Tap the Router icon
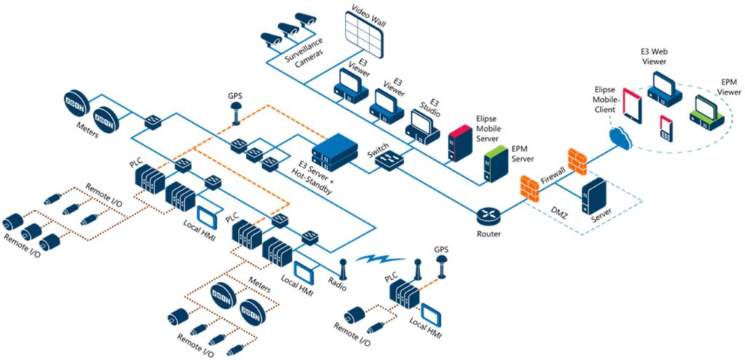coord(487,215)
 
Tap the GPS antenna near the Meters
coord(236,113)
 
